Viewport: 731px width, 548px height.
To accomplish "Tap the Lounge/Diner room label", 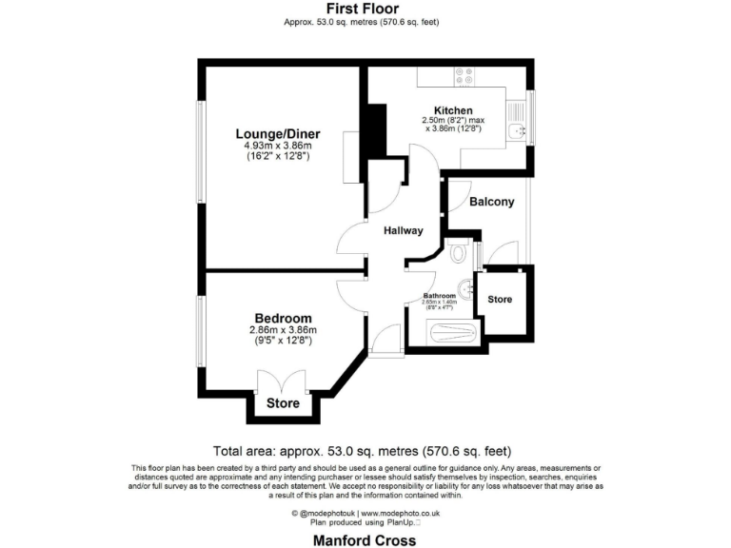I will (278, 134).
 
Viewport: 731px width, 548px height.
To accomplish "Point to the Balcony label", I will (491, 202).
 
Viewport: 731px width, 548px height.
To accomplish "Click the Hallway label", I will (403, 231).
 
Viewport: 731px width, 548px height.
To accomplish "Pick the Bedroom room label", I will (282, 318).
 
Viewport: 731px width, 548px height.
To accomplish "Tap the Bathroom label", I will (440, 296).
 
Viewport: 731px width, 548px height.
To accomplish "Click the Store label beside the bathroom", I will (500, 300).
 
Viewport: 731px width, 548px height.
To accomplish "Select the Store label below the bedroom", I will (283, 403).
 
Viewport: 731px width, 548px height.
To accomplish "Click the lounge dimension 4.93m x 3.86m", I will (278, 146).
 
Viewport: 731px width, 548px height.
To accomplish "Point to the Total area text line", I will (365, 452).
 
